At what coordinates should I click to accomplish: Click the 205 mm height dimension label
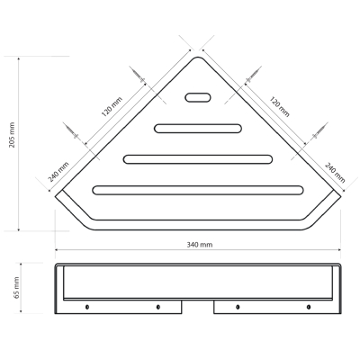pyautogui.click(x=12, y=135)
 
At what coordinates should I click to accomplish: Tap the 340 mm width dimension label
pyautogui.click(x=200, y=245)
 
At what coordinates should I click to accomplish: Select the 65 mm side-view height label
pyautogui.click(x=17, y=287)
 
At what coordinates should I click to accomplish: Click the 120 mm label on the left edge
pyautogui.click(x=112, y=107)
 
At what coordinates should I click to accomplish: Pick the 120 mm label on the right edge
pyautogui.click(x=279, y=106)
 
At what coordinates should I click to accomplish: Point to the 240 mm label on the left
pyautogui.click(x=58, y=172)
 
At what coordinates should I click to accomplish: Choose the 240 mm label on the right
pyautogui.click(x=335, y=173)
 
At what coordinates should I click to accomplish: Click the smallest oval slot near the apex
pyautogui.click(x=198, y=97)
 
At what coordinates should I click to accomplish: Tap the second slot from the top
pyautogui.click(x=198, y=129)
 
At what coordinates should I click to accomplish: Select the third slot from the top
pyautogui.click(x=198, y=159)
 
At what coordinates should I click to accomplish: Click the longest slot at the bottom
pyautogui.click(x=198, y=190)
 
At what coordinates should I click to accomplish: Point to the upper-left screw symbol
pyautogui.click(x=139, y=75)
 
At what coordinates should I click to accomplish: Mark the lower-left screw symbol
pyautogui.click(x=72, y=131)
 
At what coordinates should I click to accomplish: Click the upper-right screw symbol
pyautogui.click(x=253, y=76)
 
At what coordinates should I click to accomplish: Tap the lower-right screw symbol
pyautogui.click(x=319, y=131)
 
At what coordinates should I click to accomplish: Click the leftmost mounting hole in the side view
pyautogui.click(x=87, y=307)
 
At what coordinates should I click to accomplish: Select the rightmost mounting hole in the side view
pyautogui.click(x=309, y=307)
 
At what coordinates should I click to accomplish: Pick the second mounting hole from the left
pyautogui.click(x=158, y=307)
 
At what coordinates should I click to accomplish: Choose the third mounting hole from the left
pyautogui.click(x=238, y=307)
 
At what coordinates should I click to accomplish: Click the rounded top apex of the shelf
pyautogui.click(x=198, y=57)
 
